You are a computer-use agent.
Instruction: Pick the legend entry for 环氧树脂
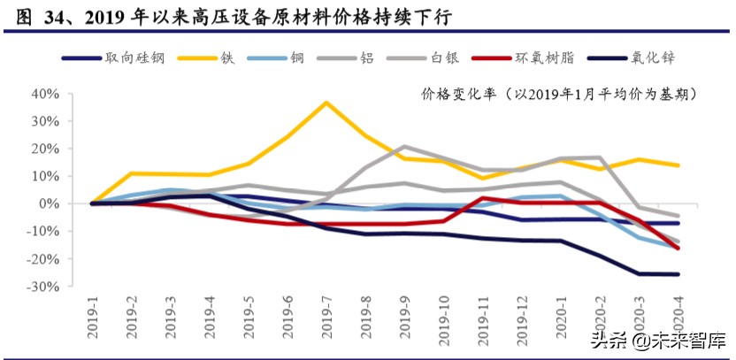pos(544,57)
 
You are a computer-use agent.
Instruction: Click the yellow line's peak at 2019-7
pos(326,103)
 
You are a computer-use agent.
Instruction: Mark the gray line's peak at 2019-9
pos(404,147)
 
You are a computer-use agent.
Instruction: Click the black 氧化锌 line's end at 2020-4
pos(678,274)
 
